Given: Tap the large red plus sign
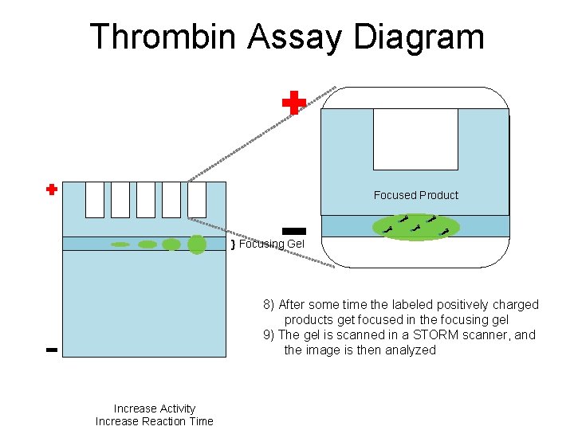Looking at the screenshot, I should click(x=294, y=103).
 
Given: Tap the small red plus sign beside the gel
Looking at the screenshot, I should click(x=51, y=190).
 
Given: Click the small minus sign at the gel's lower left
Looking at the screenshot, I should click(x=51, y=350).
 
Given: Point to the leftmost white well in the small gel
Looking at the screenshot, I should click(x=94, y=199).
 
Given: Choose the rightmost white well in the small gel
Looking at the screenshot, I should click(x=196, y=199).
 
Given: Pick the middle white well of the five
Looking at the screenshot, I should click(x=145, y=199).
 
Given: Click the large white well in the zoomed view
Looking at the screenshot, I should click(x=415, y=139).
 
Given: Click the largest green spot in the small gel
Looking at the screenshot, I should click(x=197, y=244).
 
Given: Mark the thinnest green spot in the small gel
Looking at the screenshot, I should click(x=120, y=244).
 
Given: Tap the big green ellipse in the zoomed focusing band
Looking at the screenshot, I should click(x=416, y=226).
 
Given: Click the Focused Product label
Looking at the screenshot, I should click(x=416, y=195).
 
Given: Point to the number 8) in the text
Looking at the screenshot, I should click(x=269, y=305).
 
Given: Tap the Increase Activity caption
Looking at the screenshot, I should click(x=155, y=408).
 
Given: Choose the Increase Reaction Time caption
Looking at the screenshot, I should click(x=155, y=421).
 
